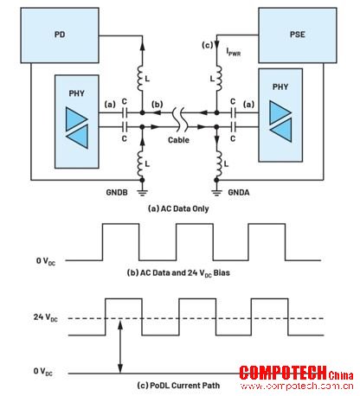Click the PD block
point(60,35)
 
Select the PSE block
point(298,35)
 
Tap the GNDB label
point(117,192)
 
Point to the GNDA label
point(239,192)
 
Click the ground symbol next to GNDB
point(142,192)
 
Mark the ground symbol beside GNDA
point(216,192)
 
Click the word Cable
point(178,140)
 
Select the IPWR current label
point(234,52)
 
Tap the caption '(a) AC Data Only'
point(178,208)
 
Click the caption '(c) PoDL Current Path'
point(178,386)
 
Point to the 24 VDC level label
point(46,317)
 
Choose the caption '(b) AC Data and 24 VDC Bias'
point(178,273)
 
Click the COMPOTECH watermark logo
point(296,373)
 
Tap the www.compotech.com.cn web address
point(297,386)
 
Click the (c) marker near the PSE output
point(207,45)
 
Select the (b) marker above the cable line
point(157,105)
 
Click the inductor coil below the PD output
point(141,78)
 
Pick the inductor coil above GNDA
point(218,163)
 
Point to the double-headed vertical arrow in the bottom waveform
point(120,347)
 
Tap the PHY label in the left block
point(76,93)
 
